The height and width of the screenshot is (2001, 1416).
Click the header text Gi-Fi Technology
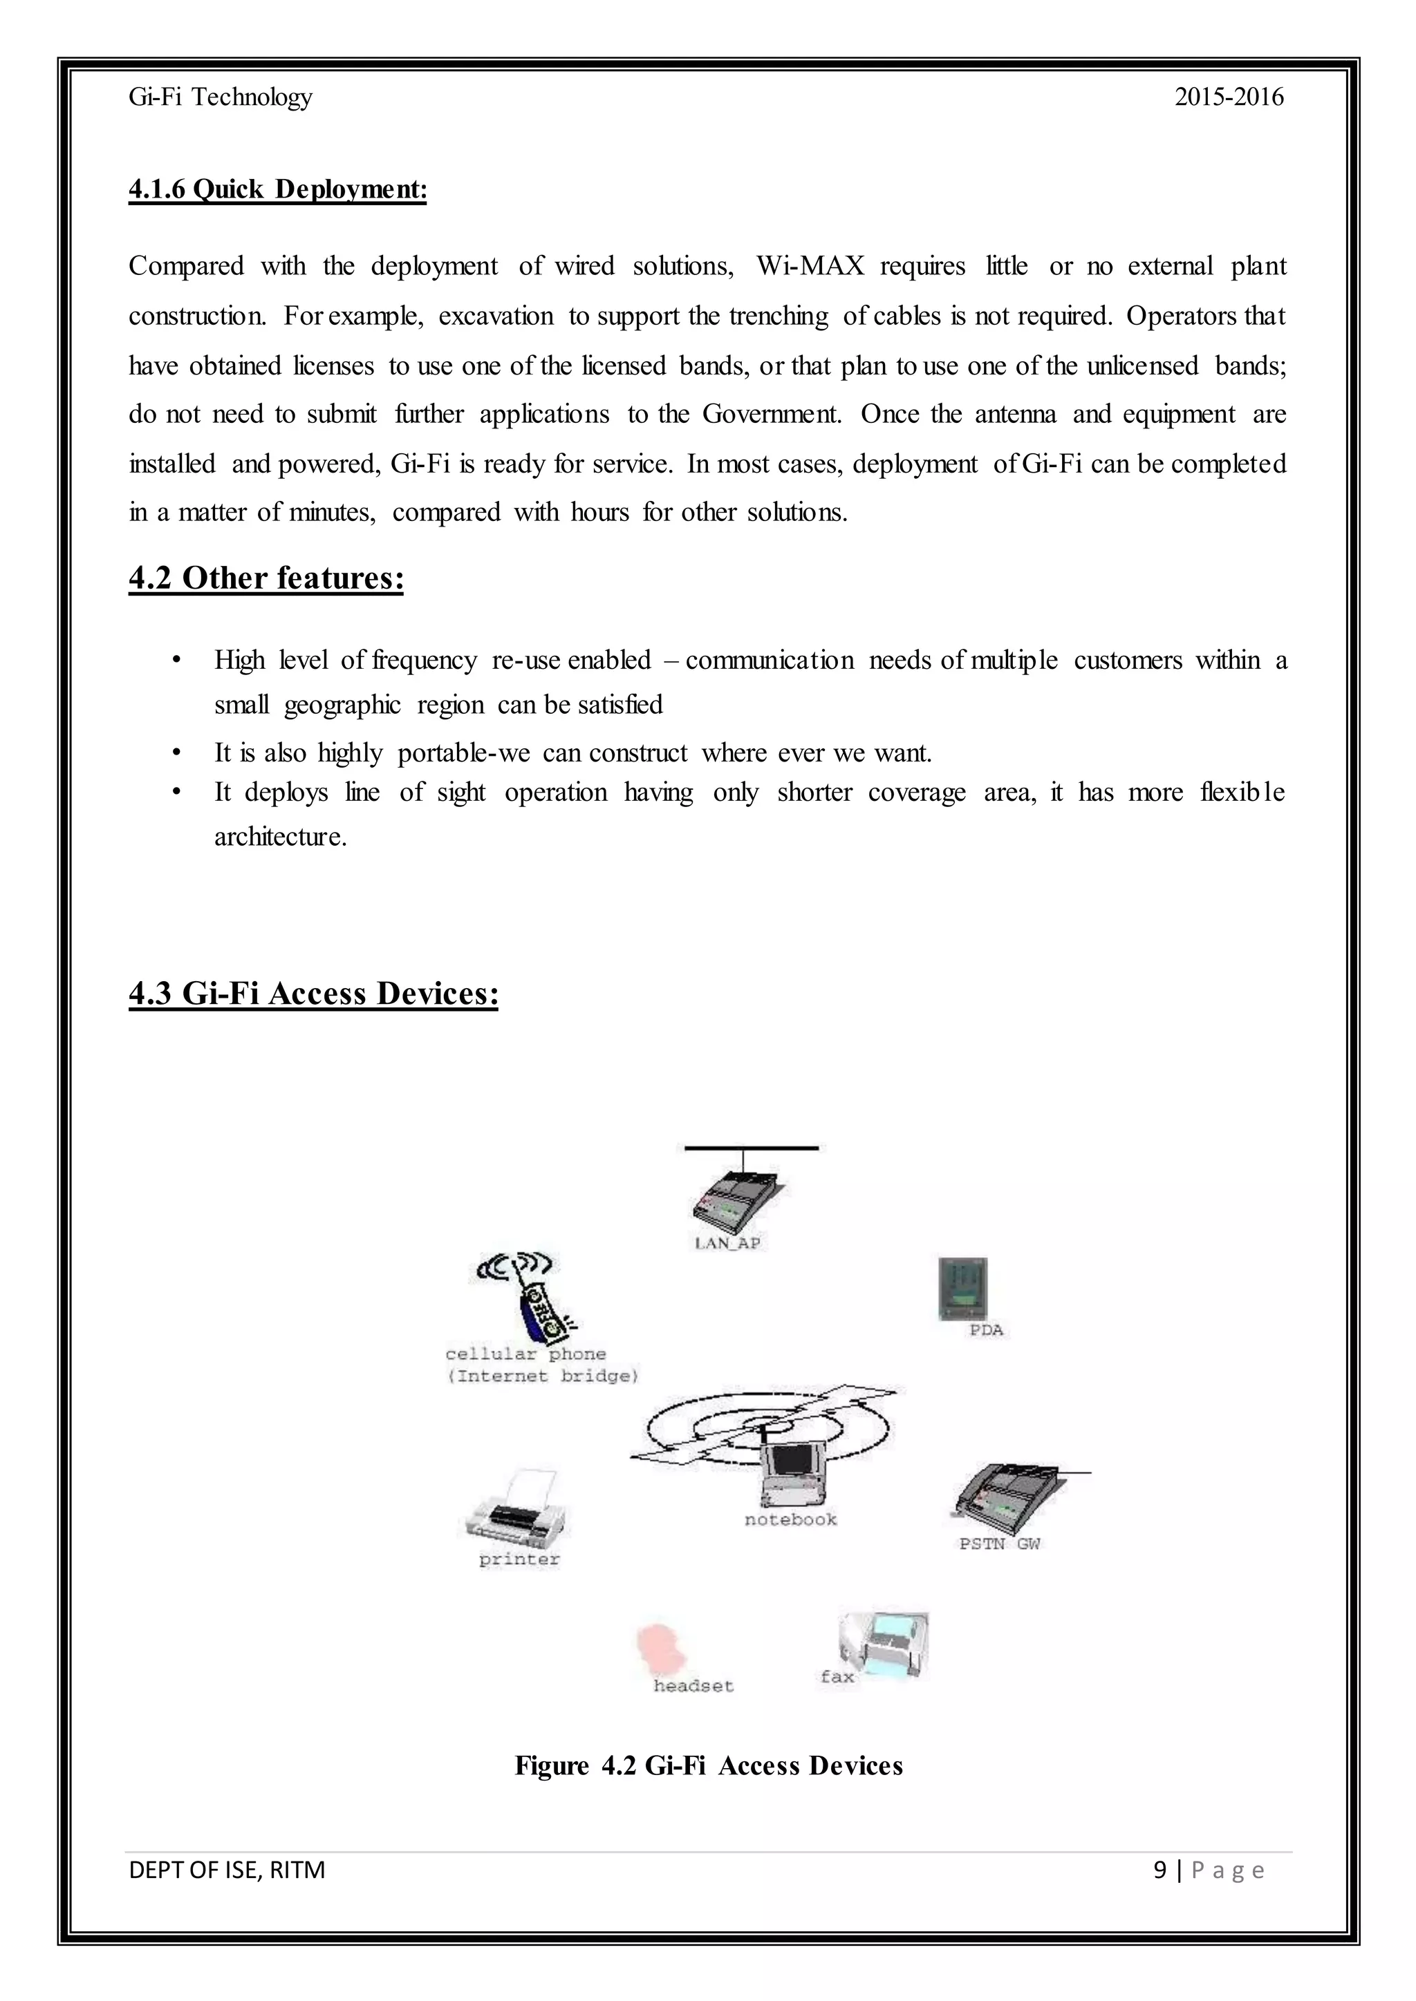pos(220,97)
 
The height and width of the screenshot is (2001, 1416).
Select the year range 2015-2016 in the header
pos(1229,97)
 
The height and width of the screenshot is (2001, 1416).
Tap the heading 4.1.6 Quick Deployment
pos(277,189)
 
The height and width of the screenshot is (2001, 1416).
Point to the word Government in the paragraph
pos(772,414)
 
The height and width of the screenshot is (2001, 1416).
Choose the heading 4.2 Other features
pos(266,578)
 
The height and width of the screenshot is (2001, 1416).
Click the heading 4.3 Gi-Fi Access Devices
pos(313,994)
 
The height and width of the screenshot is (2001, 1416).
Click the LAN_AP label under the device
pos(727,1244)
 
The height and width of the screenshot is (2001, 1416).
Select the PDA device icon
pos(962,1288)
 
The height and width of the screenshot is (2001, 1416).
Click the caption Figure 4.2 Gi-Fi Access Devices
pos(708,1765)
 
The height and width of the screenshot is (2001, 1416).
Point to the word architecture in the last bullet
pos(280,837)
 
